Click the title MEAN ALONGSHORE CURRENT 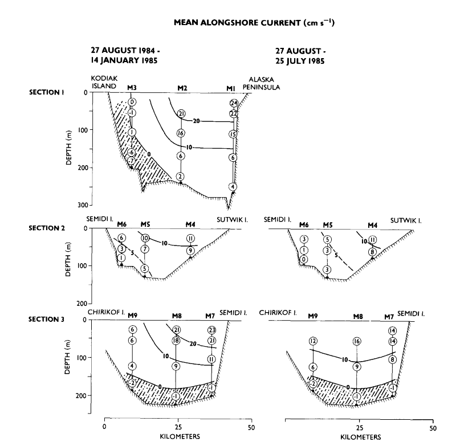click(238, 23)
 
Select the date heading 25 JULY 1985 click(300, 61)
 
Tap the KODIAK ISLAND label click(104, 82)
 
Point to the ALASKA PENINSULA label click(261, 83)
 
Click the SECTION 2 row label click(47, 228)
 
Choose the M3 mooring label click(132, 87)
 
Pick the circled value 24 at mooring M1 click(234, 103)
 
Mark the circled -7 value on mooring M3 click(131, 161)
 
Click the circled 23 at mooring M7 click(212, 330)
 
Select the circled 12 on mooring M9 click(313, 341)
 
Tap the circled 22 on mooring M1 click(234, 113)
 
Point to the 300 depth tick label click(83, 205)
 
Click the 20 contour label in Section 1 click(196, 121)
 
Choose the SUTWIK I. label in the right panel click(406, 221)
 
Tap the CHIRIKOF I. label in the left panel click(104, 312)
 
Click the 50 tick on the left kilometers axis click(251, 428)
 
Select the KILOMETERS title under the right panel click(361, 437)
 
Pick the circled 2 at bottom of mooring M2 click(180, 177)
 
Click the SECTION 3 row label click(46, 320)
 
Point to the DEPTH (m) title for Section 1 click(68, 148)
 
